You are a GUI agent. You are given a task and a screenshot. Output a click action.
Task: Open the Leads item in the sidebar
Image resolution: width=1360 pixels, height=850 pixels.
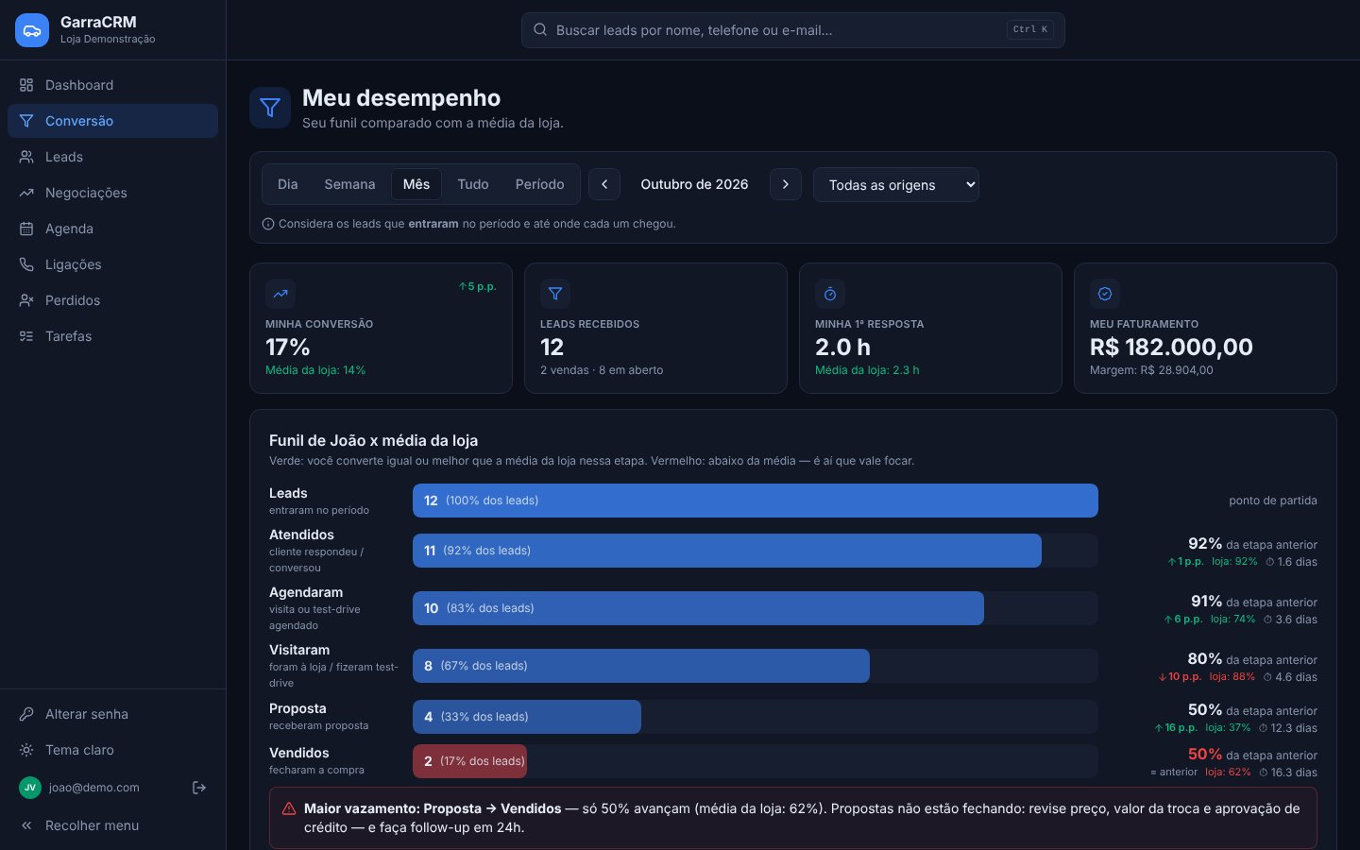pos(64,157)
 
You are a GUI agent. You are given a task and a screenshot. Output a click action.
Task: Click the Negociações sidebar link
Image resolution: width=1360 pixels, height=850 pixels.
pos(86,193)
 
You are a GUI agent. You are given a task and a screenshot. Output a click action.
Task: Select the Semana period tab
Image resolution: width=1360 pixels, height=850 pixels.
pos(349,184)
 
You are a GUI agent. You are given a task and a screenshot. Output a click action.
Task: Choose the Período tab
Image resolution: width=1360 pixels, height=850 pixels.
pos(539,184)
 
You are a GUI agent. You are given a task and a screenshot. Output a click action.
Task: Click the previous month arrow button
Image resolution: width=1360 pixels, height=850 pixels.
pos(604,184)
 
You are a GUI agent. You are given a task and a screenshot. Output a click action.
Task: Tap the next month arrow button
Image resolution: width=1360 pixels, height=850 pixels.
pos(785,184)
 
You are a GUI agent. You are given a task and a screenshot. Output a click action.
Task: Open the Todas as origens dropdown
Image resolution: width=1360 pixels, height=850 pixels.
pos(895,184)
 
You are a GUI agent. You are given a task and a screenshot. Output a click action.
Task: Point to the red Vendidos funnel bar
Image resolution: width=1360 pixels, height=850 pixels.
pos(469,761)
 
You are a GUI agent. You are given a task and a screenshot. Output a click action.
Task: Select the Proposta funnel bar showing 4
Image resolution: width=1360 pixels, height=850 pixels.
pos(526,717)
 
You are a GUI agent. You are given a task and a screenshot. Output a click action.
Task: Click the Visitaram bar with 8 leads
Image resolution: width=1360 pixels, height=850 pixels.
pos(640,666)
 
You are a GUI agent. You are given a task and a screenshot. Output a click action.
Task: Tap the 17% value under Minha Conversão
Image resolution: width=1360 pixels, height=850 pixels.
pos(287,347)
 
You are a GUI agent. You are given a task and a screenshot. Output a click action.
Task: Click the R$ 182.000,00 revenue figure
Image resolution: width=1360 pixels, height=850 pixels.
pos(1170,347)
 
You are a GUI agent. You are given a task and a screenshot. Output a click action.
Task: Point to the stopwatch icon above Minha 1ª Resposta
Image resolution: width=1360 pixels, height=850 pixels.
pos(830,294)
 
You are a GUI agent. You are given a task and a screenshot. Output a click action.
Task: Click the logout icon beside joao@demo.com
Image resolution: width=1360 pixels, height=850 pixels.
pos(198,788)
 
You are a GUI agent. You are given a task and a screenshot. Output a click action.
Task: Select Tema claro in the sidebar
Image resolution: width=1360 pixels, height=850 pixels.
pos(79,750)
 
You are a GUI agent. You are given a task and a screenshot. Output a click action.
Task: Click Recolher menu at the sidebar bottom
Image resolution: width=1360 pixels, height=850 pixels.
pos(92,825)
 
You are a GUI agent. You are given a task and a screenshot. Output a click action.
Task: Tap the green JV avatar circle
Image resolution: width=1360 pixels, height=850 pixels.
pos(30,788)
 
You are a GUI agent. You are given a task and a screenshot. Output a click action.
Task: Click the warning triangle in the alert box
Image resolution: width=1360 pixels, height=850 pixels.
pos(289,808)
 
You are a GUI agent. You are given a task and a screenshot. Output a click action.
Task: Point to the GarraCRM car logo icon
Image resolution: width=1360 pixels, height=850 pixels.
pos(32,30)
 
